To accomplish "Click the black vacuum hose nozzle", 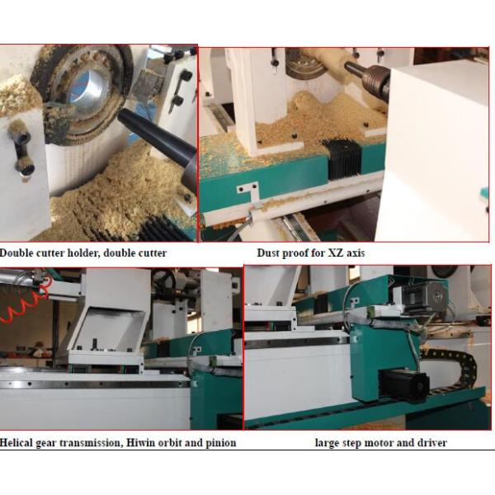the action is [x=158, y=142].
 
